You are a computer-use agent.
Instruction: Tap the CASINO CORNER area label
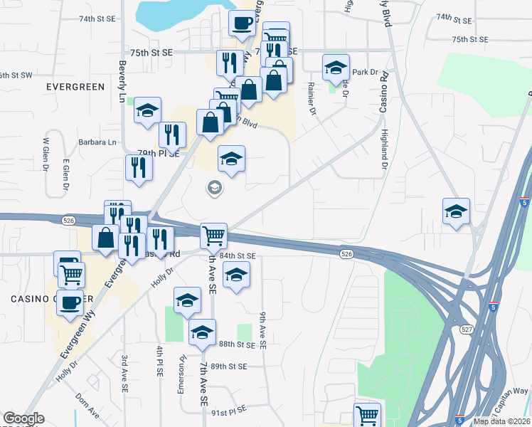point(28,298)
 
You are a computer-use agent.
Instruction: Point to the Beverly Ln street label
point(122,74)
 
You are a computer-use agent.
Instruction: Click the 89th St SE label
point(228,367)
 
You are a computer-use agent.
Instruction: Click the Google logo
point(23,418)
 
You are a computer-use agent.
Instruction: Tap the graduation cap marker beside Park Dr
point(336,68)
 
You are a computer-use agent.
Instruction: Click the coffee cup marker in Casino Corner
point(70,303)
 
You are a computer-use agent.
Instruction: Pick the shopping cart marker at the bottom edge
point(367,414)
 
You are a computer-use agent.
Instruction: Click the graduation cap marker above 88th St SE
point(202,332)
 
